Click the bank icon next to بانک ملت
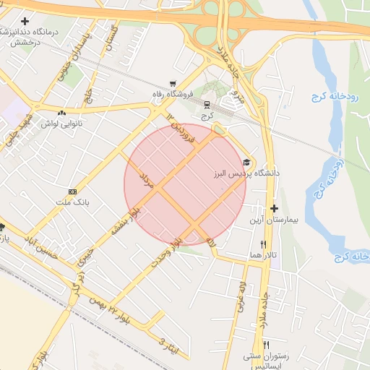tap(72, 192)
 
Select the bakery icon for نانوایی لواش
tap(61, 113)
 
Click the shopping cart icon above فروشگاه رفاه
tap(172, 84)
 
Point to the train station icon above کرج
tap(207, 103)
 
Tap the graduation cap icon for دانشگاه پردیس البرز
tap(247, 163)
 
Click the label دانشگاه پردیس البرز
tap(235, 174)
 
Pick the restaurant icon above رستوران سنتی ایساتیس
tap(267, 345)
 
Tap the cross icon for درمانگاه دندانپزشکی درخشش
tap(25, 22)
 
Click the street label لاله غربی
tap(241, 296)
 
